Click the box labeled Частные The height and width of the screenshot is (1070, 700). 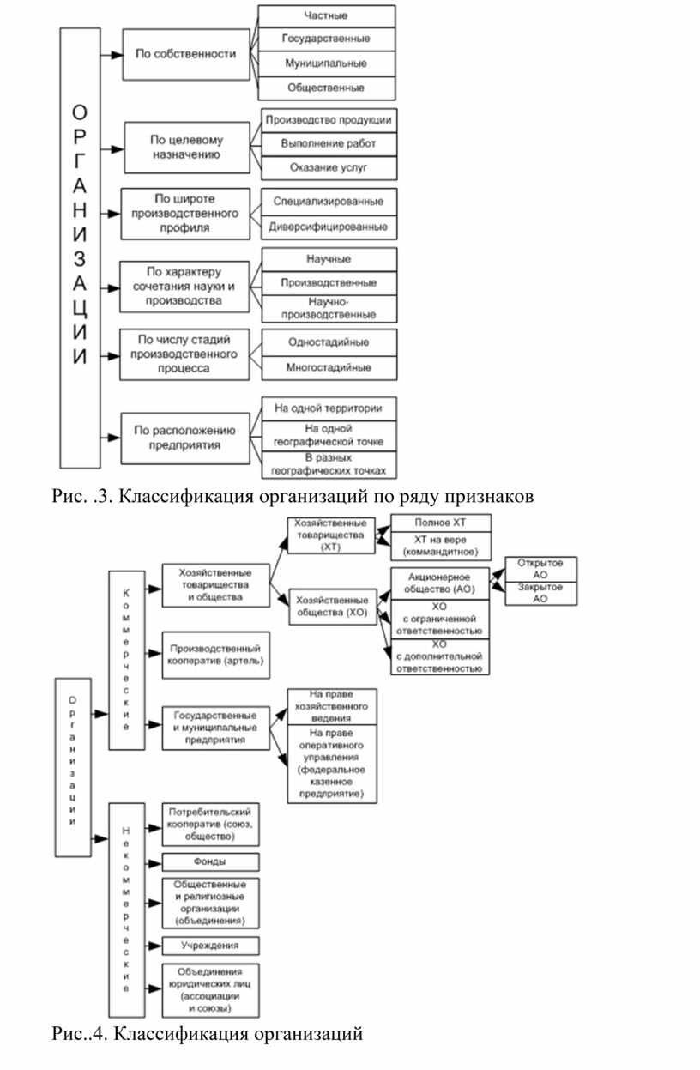click(x=327, y=16)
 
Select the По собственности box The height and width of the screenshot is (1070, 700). click(x=186, y=54)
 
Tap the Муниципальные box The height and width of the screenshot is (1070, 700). click(x=327, y=63)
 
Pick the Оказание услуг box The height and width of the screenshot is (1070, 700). click(x=329, y=167)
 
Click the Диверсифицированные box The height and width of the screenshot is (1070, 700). click(x=329, y=227)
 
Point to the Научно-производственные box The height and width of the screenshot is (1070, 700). click(x=329, y=309)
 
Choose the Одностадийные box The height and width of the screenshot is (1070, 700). click(x=329, y=342)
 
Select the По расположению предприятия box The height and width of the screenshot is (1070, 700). click(x=185, y=438)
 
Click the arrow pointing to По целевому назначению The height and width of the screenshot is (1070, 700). click(x=112, y=149)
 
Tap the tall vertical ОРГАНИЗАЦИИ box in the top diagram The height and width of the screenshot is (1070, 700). click(x=81, y=247)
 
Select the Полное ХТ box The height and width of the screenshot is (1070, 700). click(x=441, y=523)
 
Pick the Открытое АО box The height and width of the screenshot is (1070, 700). click(x=541, y=569)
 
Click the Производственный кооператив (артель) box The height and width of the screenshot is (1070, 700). click(x=216, y=655)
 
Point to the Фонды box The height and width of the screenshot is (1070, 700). click(x=210, y=862)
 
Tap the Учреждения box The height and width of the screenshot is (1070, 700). click(x=210, y=946)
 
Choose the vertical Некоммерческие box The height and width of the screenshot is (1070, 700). click(x=127, y=910)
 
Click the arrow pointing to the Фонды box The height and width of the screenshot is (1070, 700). click(x=154, y=864)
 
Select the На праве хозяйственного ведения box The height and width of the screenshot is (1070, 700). click(x=332, y=706)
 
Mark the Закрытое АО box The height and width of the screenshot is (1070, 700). click(x=541, y=593)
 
